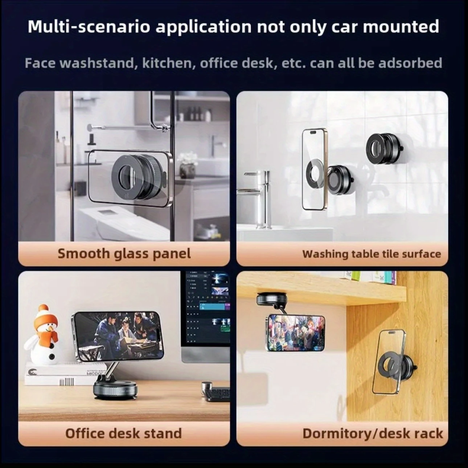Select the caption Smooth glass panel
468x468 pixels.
click(124, 254)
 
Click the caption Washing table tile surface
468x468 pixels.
click(371, 254)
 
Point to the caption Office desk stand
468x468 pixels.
click(123, 433)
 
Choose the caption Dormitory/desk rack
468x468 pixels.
click(373, 434)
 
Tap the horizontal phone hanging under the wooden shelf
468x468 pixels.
click(296, 333)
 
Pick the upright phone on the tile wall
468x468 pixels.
click(315, 169)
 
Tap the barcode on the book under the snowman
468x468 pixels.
click(67, 382)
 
